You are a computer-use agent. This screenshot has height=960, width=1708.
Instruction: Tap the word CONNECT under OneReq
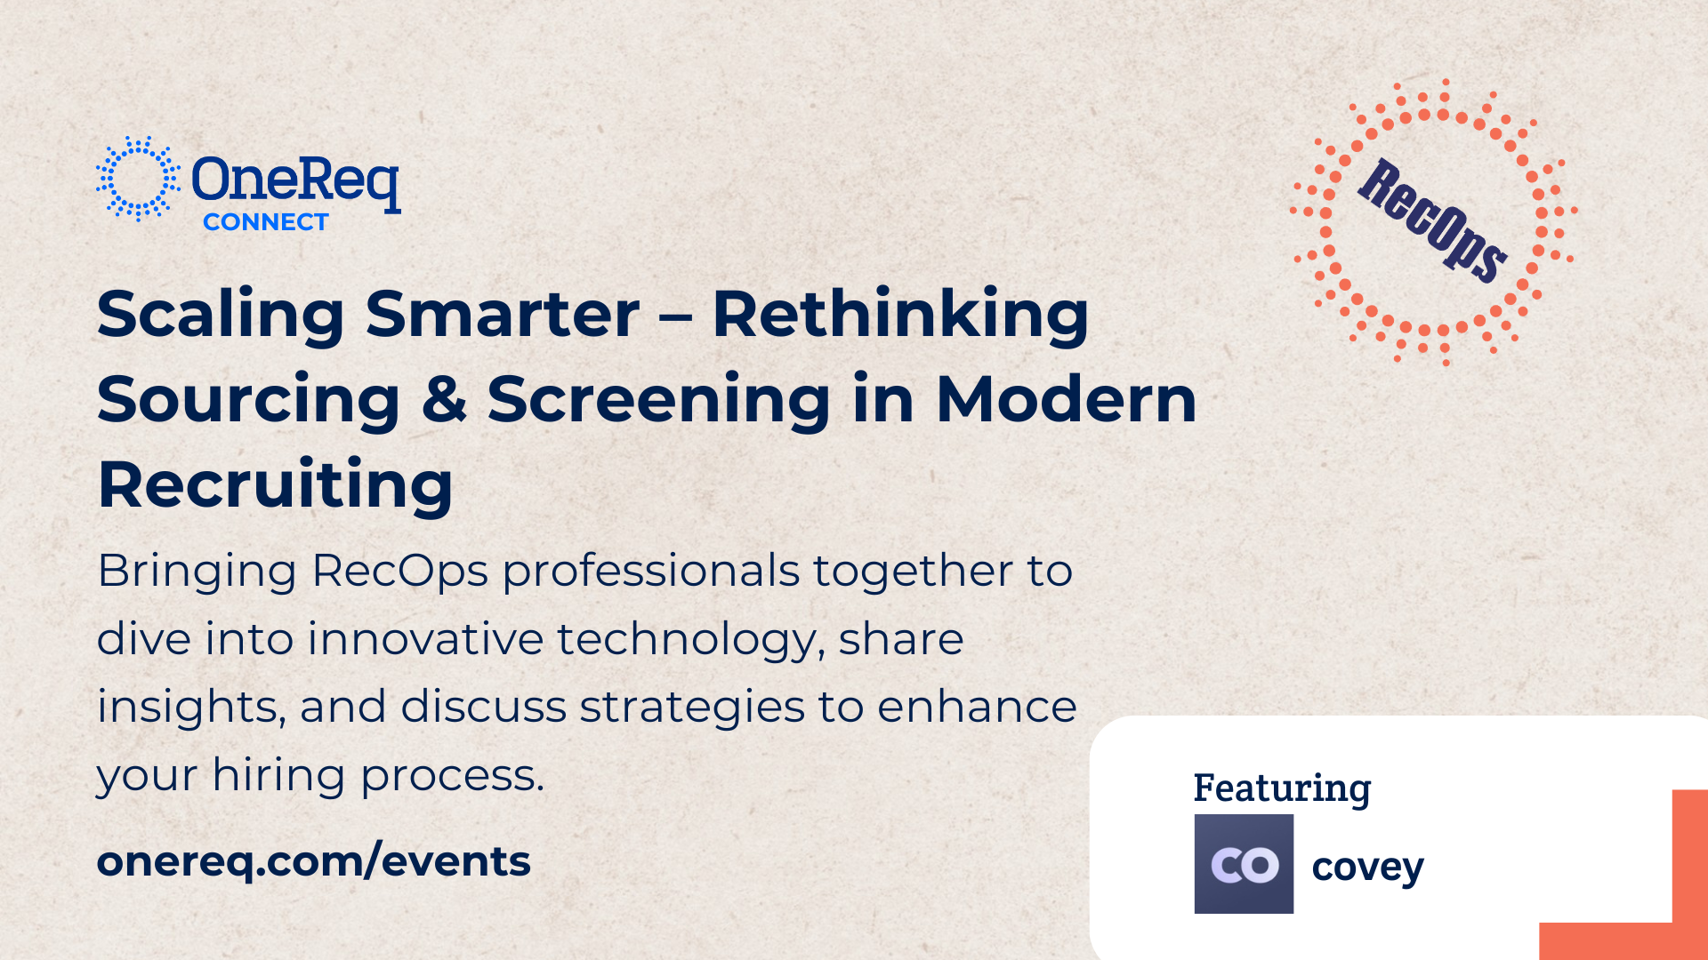point(266,222)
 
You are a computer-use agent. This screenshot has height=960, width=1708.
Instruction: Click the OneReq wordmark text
point(295,181)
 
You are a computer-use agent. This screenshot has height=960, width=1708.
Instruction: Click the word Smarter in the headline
point(503,314)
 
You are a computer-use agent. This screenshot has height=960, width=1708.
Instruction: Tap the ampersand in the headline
point(444,399)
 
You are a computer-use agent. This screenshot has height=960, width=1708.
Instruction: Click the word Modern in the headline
point(1067,399)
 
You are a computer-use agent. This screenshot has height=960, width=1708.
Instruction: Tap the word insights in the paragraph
point(191,708)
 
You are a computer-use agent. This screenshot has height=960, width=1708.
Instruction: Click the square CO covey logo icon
point(1244,864)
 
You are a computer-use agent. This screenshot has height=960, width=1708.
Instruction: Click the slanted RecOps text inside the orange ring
point(1433,221)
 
